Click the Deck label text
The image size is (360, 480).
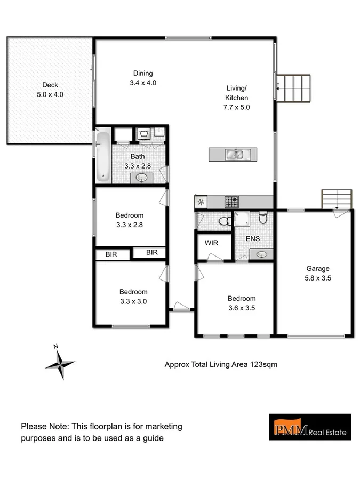(x=50, y=85)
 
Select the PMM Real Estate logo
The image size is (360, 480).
(x=309, y=426)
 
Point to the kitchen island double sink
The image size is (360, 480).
(x=235, y=155)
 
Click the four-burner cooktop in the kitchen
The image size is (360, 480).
(x=231, y=202)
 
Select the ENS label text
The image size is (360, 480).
(x=253, y=238)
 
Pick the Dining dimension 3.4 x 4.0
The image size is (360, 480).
(x=143, y=83)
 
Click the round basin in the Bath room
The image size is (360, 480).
(x=143, y=178)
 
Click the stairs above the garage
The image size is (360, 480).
(x=337, y=199)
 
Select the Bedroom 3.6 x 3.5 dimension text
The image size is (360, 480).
(x=242, y=308)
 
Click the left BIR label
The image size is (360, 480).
(x=111, y=255)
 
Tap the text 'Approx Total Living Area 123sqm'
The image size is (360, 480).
(x=220, y=365)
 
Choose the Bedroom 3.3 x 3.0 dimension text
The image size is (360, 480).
(x=133, y=301)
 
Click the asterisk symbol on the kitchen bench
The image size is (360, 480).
(x=201, y=202)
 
